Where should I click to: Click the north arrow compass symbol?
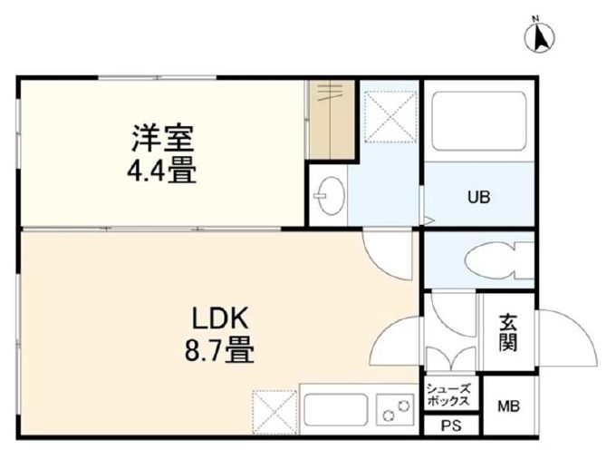point(543,36)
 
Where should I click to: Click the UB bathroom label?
point(478,196)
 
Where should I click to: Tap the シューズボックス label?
point(448,395)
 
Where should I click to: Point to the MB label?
point(506,406)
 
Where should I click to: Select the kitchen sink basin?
point(334,409)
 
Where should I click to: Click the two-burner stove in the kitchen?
point(395,410)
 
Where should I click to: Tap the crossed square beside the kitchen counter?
point(274,411)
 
